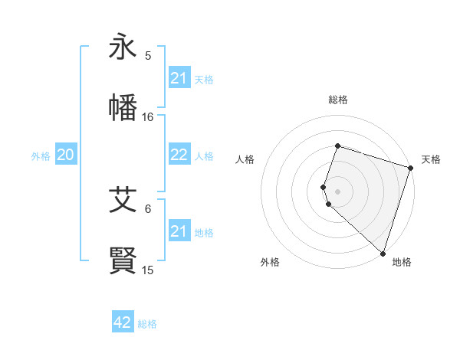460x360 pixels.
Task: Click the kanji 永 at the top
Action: point(123,47)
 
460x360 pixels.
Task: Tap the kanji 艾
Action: point(123,201)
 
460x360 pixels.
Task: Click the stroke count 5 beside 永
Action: point(148,56)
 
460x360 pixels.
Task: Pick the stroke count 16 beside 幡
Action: point(148,117)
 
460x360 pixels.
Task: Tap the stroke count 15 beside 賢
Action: point(148,270)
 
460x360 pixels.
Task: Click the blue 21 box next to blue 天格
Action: point(179,78)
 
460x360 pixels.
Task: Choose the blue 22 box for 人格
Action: point(179,155)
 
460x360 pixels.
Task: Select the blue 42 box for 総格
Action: point(123,322)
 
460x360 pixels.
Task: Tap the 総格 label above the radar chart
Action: point(338,100)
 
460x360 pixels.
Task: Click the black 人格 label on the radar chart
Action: point(245,159)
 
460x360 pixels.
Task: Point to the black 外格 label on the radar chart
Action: point(270,262)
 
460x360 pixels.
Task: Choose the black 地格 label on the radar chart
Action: point(402,262)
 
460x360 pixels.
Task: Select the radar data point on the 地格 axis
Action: point(383,253)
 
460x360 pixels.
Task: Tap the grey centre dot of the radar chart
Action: point(338,191)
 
